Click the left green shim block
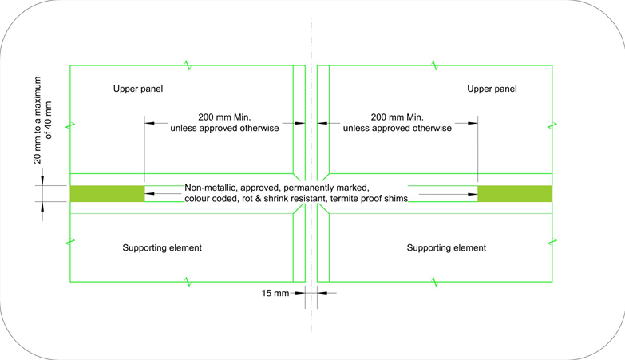[x=107, y=194]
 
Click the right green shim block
[x=515, y=194]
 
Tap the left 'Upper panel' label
[x=138, y=89]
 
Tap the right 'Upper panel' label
[x=492, y=89]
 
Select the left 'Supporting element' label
[x=162, y=248]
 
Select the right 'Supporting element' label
[x=446, y=248]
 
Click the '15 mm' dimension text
[x=275, y=294]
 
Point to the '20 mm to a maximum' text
[x=37, y=120]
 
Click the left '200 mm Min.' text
[x=224, y=117]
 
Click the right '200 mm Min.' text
[x=398, y=117]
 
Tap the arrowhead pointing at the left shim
[x=149, y=194]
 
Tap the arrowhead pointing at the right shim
[x=473, y=194]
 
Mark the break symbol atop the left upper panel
[x=188, y=65]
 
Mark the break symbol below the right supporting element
[x=435, y=282]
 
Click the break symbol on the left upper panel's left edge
[x=70, y=126]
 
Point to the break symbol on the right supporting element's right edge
[x=552, y=242]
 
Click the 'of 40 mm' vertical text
[x=48, y=120]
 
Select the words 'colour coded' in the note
[x=212, y=199]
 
